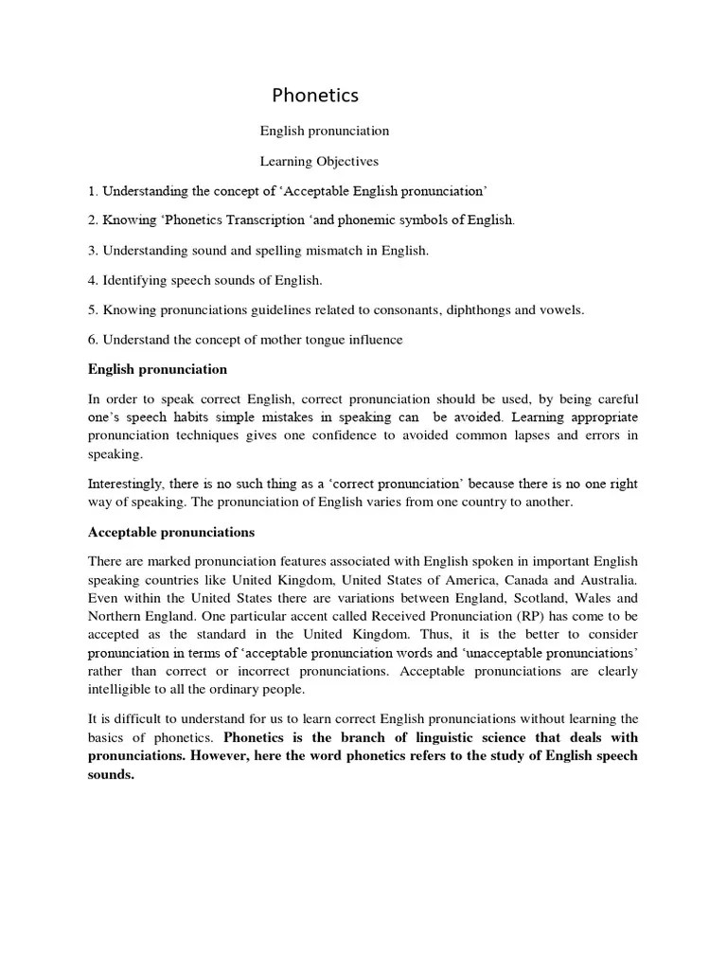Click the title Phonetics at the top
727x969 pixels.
tap(315, 96)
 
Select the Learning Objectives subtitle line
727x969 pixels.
tap(319, 162)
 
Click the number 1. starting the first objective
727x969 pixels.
tap(93, 191)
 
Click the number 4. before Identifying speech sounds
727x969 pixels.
tap(93, 280)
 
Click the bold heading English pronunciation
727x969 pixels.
tap(157, 369)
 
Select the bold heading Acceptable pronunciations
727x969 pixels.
tap(171, 532)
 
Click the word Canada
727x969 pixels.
tap(513, 580)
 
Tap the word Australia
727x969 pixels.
tap(605, 580)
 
